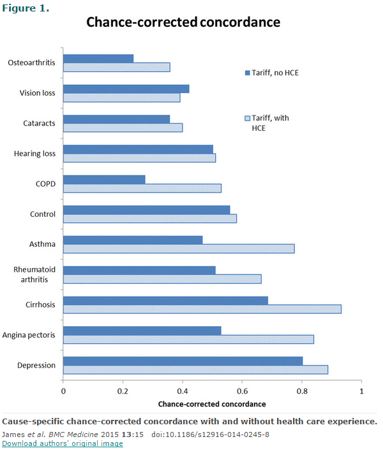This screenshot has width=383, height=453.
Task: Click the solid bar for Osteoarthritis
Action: (x=98, y=59)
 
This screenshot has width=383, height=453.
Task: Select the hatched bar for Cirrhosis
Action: (x=202, y=309)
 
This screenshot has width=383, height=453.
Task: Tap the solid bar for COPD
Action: (x=104, y=179)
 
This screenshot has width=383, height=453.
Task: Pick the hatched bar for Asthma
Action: (x=179, y=249)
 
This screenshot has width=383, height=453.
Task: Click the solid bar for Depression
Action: (x=183, y=360)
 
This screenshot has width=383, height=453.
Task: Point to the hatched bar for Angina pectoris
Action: (x=188, y=339)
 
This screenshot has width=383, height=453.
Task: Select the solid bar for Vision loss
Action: (x=126, y=89)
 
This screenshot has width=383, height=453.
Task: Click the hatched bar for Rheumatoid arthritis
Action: (x=162, y=279)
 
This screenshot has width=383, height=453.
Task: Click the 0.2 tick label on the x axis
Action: (x=123, y=390)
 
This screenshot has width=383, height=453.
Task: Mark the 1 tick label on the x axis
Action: (x=361, y=390)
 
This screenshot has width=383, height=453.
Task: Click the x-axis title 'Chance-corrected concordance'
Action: (x=211, y=404)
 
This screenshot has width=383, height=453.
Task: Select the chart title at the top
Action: (x=183, y=22)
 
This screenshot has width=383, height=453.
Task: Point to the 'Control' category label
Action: (x=43, y=214)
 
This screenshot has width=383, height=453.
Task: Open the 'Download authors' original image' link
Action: (x=63, y=443)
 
